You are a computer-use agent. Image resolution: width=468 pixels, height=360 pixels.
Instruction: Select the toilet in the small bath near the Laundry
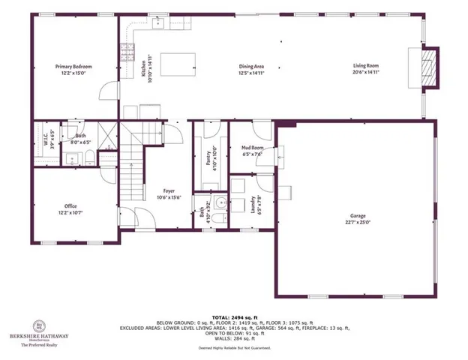tap(217, 218)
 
